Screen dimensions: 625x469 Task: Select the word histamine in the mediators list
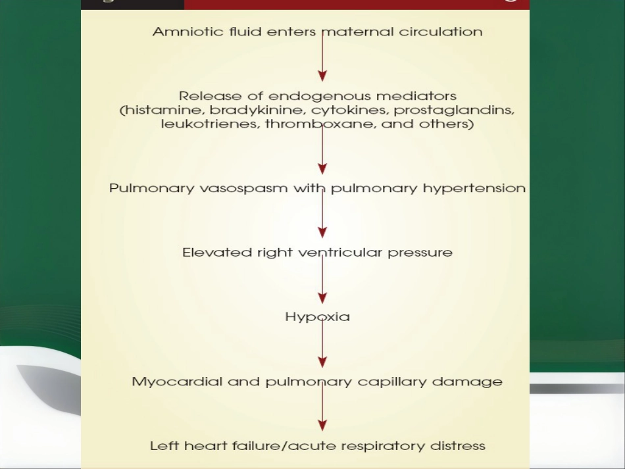tap(162, 110)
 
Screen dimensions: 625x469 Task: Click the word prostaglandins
tap(454, 111)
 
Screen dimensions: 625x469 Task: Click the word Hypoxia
tap(317, 317)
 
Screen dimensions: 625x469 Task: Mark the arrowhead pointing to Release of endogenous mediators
tap(322, 76)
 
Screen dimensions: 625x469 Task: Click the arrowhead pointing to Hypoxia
tap(322, 298)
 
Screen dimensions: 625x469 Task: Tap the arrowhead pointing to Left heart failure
tap(322, 425)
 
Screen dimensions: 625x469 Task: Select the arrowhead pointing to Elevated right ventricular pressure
tap(322, 232)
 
